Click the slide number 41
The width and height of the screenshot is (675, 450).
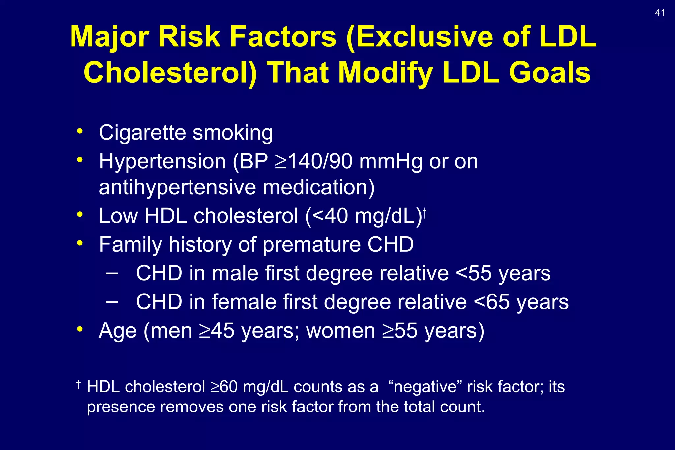(660, 13)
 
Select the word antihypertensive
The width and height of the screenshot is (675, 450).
(177, 187)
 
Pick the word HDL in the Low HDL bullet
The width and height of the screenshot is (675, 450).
(165, 216)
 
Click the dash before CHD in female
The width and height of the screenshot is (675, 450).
(112, 301)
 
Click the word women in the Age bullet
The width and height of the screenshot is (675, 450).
(340, 331)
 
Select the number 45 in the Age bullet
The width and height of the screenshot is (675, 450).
(222, 331)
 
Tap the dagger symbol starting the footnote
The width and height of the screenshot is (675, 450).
(78, 384)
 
